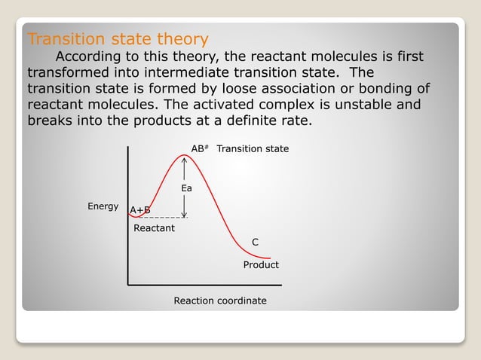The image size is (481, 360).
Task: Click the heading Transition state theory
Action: pyautogui.click(x=118, y=38)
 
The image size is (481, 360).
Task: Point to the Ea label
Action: pyautogui.click(x=186, y=188)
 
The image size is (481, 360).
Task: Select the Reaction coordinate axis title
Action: pyautogui.click(x=220, y=301)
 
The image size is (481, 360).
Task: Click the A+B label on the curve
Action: pyautogui.click(x=140, y=209)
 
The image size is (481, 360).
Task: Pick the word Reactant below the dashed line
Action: pyautogui.click(x=154, y=227)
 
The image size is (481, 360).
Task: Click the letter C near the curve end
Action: pyautogui.click(x=255, y=242)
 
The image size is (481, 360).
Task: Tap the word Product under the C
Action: pyautogui.click(x=261, y=265)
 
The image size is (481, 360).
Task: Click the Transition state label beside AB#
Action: pyautogui.click(x=253, y=149)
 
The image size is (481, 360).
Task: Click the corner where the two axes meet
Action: pyautogui.click(x=128, y=285)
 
